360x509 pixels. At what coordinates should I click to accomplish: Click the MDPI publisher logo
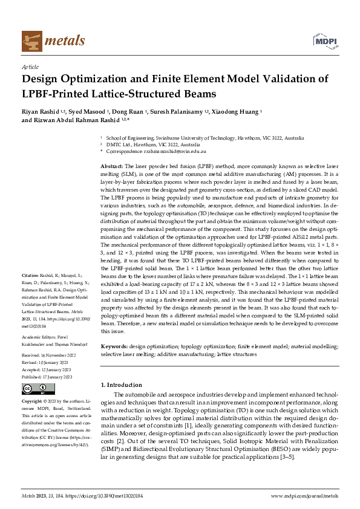coord(324,41)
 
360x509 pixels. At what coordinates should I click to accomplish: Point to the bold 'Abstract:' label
coord(112,166)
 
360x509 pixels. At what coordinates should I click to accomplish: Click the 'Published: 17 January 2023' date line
coord(47,377)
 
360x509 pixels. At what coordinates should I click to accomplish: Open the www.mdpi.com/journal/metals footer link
coord(304,496)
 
